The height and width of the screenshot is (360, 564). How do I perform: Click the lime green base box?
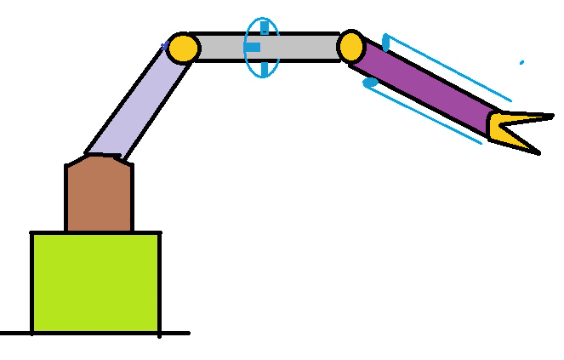(x=95, y=282)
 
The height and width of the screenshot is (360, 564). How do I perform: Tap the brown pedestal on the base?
(x=99, y=196)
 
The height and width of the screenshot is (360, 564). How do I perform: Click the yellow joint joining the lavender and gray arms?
(x=182, y=48)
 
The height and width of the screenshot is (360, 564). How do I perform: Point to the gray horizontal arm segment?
(x=298, y=48)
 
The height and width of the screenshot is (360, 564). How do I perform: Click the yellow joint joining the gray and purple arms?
(x=350, y=47)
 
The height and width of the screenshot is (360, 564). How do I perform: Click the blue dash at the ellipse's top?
(x=264, y=28)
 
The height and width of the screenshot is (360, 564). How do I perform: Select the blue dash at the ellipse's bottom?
(x=264, y=67)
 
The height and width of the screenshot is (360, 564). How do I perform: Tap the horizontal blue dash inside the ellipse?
(x=252, y=48)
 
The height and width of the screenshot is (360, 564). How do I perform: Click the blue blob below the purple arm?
(x=370, y=83)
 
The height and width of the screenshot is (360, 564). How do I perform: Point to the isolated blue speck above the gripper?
(x=521, y=62)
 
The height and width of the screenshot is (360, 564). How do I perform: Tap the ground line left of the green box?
(x=15, y=333)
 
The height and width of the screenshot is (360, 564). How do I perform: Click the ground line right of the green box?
(x=174, y=333)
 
